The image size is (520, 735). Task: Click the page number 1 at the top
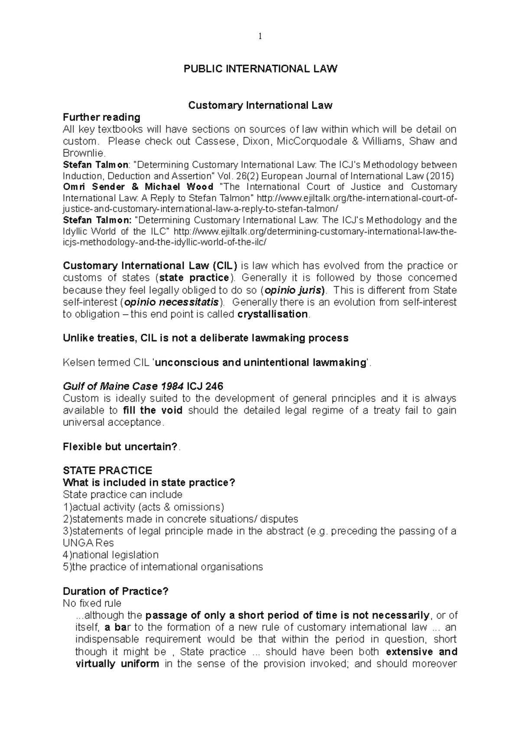click(x=260, y=37)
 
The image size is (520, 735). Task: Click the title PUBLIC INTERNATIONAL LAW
click(x=260, y=69)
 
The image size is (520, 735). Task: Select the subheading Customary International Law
click(x=260, y=105)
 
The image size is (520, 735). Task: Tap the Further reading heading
click(x=101, y=117)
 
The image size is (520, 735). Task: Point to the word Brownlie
click(x=83, y=153)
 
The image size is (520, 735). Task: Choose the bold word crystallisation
click(x=273, y=314)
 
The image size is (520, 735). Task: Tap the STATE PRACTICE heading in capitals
click(x=107, y=471)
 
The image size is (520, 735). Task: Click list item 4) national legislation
click(x=111, y=555)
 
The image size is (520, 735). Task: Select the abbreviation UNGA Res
click(x=88, y=543)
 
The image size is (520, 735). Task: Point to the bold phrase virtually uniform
click(x=117, y=664)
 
